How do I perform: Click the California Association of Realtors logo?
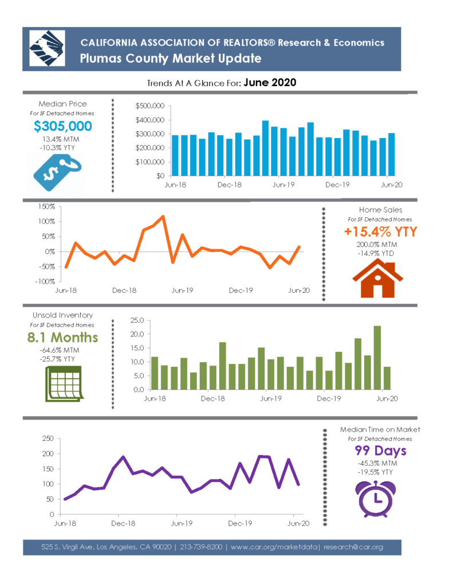tap(47, 49)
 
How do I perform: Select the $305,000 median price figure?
tap(63, 126)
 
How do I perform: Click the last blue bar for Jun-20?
tap(391, 154)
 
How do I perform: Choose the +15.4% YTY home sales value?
tap(380, 232)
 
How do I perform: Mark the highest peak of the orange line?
tap(163, 216)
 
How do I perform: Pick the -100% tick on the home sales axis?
tap(45, 281)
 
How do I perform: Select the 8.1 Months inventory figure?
tap(62, 337)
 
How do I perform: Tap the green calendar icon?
tap(64, 383)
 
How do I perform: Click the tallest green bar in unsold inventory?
tap(377, 358)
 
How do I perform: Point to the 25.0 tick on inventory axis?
tap(137, 320)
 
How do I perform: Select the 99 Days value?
tap(380, 451)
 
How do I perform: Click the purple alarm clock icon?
tap(376, 499)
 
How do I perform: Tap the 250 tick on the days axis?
tap(48, 439)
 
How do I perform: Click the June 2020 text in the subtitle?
tap(270, 83)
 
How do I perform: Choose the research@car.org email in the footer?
tap(353, 547)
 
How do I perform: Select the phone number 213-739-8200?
tap(201, 547)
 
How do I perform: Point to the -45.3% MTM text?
tap(377, 463)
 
